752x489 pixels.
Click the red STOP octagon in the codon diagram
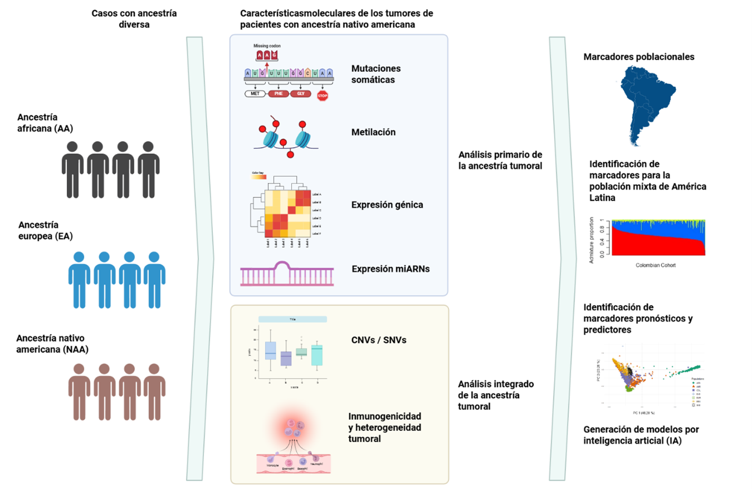pos(322,95)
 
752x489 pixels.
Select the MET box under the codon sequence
pos(255,94)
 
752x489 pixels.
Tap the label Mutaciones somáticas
pos(377,74)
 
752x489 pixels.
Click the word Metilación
pos(374,133)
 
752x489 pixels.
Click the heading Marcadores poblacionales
pos(639,57)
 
